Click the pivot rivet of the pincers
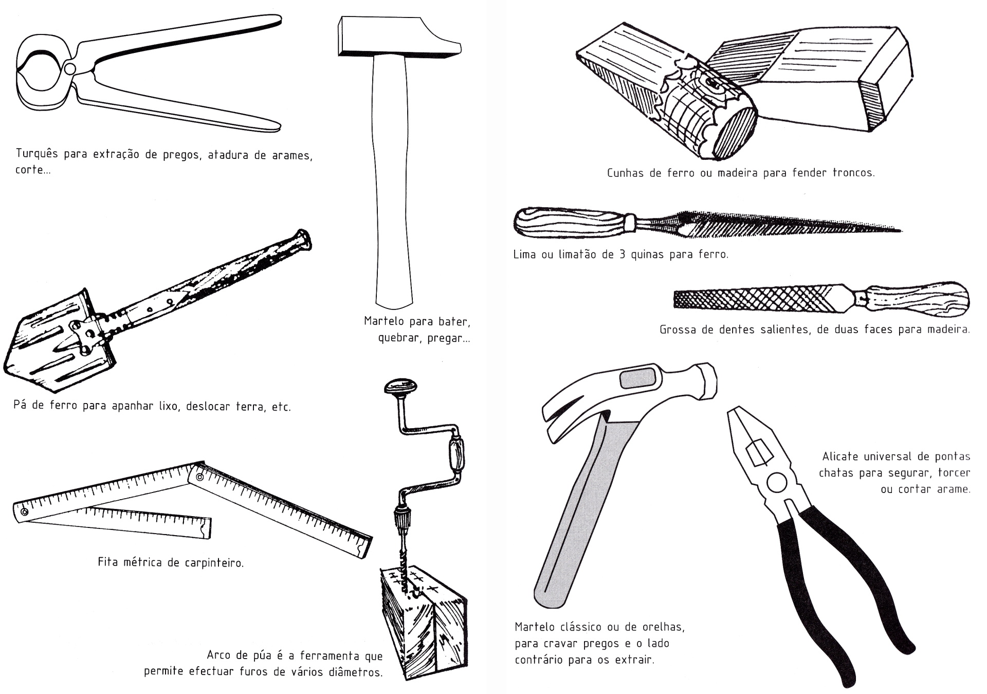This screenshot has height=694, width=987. click(x=70, y=69)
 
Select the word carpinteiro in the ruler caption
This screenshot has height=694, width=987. click(x=213, y=563)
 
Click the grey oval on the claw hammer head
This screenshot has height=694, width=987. click(x=638, y=379)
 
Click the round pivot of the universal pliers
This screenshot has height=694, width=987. click(x=776, y=483)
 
